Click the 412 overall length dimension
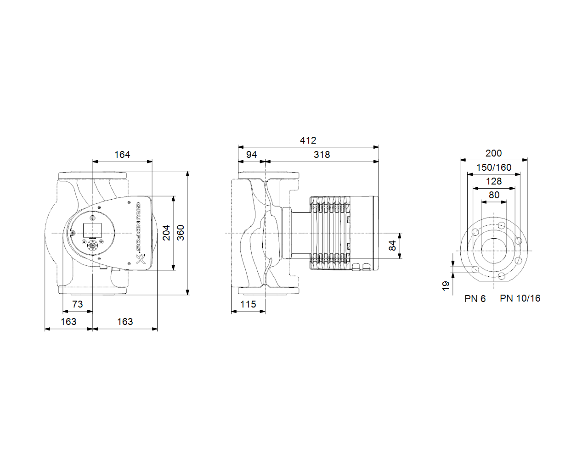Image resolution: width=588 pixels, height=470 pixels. coord(308,140)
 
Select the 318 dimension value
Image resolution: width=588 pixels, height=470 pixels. coord(322,155)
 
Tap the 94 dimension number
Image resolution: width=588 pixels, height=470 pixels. coord(251,155)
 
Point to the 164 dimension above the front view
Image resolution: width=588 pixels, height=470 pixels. coord(122,155)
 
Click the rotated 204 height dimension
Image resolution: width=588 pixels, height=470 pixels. coord(166,233)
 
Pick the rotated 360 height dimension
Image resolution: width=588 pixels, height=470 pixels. coord(181,233)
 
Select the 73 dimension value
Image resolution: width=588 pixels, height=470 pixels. coord(77,304)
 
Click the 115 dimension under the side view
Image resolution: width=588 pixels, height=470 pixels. coord(248,304)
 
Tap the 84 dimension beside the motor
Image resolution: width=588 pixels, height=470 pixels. coord(392,246)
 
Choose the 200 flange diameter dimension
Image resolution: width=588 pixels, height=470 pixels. coord(493,153)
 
